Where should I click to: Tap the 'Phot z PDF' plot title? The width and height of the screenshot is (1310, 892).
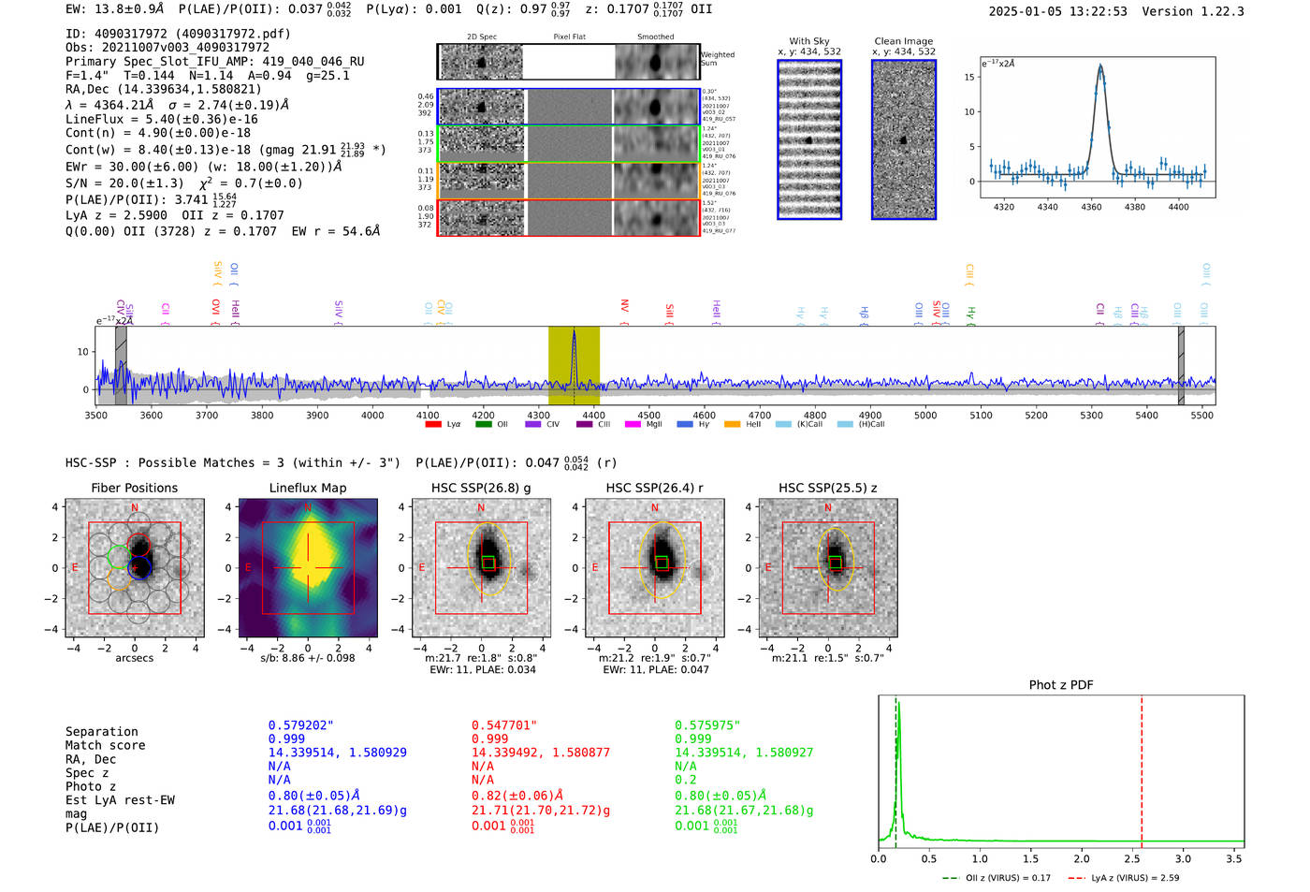(x=1061, y=685)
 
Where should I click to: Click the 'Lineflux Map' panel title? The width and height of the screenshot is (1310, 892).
(x=308, y=488)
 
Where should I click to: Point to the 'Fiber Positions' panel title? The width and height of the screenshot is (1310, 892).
(x=134, y=488)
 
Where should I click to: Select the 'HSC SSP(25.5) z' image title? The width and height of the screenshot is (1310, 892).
(x=828, y=488)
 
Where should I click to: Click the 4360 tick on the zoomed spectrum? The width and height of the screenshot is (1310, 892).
(x=1091, y=207)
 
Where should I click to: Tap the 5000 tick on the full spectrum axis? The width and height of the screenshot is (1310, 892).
(x=925, y=416)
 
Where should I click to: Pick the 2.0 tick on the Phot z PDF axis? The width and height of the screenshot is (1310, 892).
(x=1082, y=858)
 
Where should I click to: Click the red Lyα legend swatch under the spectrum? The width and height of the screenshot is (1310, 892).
(x=433, y=425)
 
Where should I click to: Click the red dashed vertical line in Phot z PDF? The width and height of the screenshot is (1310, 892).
(x=1142, y=768)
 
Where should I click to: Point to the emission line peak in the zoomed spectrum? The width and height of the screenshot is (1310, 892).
(x=1100, y=66)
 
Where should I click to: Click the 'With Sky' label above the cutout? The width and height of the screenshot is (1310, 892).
(x=809, y=41)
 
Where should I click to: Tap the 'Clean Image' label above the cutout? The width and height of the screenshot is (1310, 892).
(x=904, y=41)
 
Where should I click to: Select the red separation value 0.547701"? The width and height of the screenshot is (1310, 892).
(x=503, y=725)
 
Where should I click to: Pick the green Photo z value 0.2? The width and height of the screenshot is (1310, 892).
(x=686, y=780)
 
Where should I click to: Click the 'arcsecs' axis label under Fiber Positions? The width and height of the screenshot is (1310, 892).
(x=134, y=658)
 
